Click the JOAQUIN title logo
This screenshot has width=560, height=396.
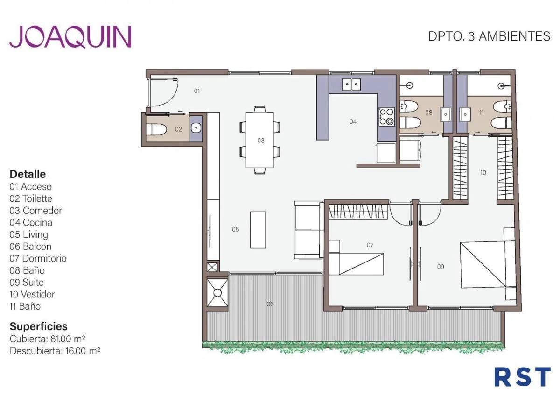point(70,37)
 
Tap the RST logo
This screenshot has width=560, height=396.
point(523,377)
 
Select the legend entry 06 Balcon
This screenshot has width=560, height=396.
point(30,247)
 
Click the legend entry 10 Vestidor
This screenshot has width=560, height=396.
point(32,295)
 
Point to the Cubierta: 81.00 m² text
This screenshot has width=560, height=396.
point(48,339)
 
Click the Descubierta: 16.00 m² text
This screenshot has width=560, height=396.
point(55,351)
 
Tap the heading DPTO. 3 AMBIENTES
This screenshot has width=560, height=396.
point(489,36)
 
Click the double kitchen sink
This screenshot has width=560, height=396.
point(351,84)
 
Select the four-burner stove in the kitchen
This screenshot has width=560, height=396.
point(386,117)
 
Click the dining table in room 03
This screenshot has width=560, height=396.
point(260,140)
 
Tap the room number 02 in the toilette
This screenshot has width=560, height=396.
point(178,129)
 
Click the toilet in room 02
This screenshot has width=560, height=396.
point(156,129)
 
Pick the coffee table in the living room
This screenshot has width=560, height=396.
point(258,230)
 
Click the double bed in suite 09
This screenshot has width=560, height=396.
point(488,264)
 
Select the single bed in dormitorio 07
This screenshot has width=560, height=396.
point(356,264)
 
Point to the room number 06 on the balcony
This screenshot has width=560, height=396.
point(270,304)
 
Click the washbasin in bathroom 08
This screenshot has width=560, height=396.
point(446,115)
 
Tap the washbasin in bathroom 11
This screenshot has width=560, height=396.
point(465,114)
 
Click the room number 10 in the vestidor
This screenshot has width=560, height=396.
point(483,173)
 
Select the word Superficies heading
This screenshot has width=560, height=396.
point(38,327)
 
